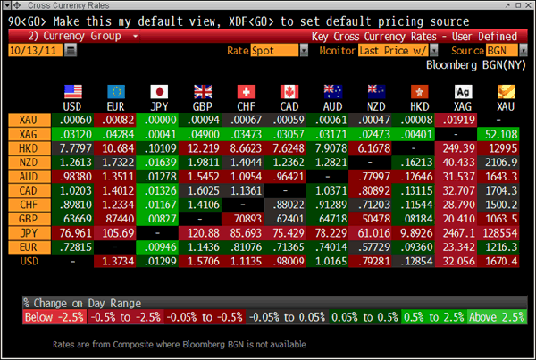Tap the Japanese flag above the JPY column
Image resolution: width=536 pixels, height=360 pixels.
point(158,92)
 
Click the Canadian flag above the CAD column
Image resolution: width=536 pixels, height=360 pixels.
point(289,92)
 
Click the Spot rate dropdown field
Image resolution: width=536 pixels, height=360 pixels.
point(275,52)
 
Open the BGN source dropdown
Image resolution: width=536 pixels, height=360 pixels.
point(506,52)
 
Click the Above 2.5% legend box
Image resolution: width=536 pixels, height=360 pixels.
point(496,317)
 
